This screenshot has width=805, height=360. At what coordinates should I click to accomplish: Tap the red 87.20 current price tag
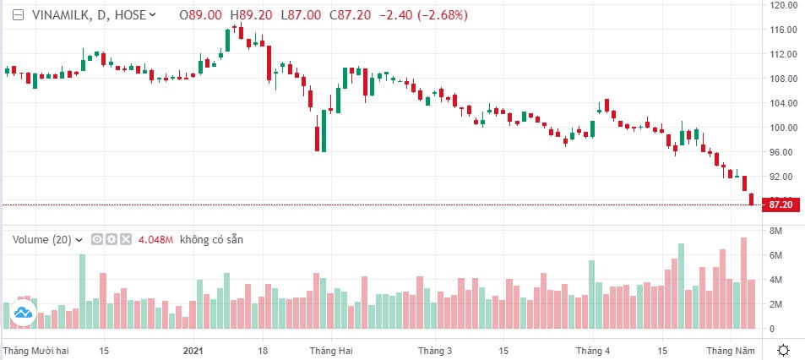click(x=781, y=205)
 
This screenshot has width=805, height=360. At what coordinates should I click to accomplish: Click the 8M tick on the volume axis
click(x=775, y=231)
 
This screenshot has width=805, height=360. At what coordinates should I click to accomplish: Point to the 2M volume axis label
click(x=775, y=304)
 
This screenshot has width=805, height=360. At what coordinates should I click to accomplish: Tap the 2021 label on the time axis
click(x=193, y=350)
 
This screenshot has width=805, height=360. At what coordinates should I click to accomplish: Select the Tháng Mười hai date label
click(x=35, y=350)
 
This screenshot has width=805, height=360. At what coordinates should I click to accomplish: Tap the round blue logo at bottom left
click(x=23, y=314)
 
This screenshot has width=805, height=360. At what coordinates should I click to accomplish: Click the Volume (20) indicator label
click(x=42, y=240)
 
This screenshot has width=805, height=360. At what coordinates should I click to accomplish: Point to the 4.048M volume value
click(x=156, y=240)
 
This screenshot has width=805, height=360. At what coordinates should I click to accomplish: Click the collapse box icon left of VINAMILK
click(x=18, y=15)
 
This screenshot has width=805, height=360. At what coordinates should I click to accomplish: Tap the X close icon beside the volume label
click(x=126, y=240)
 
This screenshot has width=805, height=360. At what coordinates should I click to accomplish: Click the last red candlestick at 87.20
click(x=752, y=199)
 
